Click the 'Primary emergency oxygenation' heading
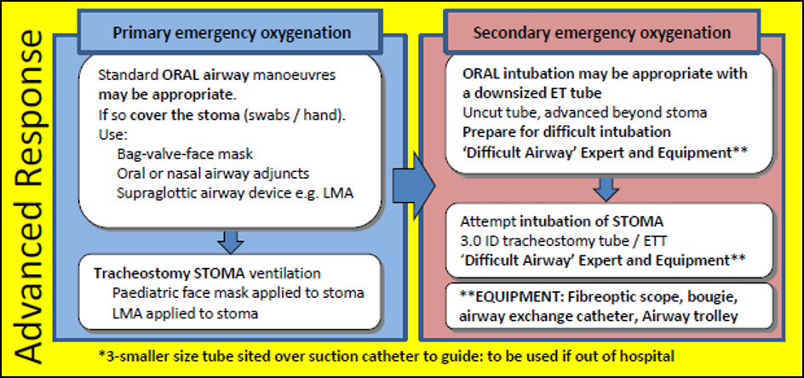pos(232,33)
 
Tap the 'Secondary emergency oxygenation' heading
pos(601,33)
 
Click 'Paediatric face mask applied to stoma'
pos(238,292)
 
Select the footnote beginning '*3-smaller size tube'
pos(400,355)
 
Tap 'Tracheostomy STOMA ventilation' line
pos(210,273)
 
